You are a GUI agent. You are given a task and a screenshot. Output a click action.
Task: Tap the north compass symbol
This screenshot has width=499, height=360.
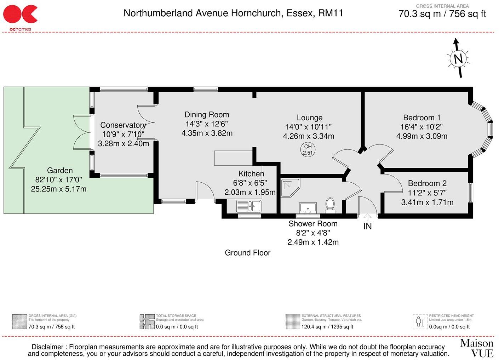point(458,58)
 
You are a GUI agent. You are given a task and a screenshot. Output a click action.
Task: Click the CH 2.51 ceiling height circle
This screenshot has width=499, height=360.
point(308,150)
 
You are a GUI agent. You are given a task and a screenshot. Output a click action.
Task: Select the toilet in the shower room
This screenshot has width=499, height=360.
point(330,204)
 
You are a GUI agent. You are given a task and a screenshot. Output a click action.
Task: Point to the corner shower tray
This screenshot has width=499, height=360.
point(290,187)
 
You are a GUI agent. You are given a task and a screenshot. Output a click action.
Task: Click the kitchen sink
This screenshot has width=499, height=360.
point(249,206)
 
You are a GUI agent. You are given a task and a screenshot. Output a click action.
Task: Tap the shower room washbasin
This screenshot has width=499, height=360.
point(308,207)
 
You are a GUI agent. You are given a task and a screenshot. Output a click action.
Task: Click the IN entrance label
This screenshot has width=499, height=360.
point(368,226)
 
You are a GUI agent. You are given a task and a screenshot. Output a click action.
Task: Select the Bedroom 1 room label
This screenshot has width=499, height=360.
point(421,118)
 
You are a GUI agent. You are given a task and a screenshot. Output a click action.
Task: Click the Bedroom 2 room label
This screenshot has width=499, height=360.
point(427,183)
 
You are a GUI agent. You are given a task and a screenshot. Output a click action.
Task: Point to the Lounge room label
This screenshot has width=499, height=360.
point(309,118)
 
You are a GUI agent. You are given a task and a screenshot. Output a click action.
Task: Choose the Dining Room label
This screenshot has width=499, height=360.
point(207,115)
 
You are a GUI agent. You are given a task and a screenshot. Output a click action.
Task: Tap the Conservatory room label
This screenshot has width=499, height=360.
point(123,125)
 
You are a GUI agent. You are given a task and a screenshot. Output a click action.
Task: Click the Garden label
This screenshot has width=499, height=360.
point(60,171)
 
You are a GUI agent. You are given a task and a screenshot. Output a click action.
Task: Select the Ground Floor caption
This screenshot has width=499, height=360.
point(247,253)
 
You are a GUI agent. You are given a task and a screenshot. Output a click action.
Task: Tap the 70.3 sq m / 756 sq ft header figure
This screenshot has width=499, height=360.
point(442,14)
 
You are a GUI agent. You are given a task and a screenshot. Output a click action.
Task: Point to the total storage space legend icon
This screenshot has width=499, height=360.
point(147,321)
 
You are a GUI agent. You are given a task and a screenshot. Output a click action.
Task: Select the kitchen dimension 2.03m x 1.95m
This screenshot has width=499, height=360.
point(250,193)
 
